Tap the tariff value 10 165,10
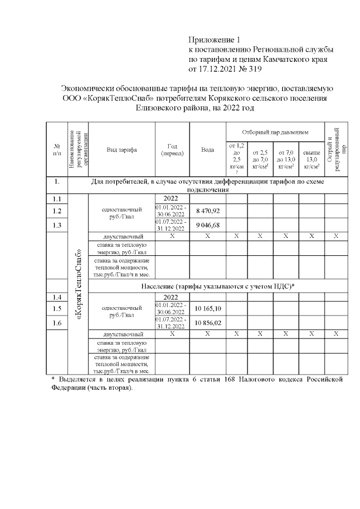click(208, 309)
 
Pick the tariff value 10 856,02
click(208, 323)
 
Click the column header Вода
click(208, 150)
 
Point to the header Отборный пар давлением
click(275, 132)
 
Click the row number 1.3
click(56, 225)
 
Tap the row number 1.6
click(56, 323)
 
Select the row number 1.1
click(56, 199)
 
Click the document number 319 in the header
click(254, 69)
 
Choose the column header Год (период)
click(172, 150)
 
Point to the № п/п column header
click(56, 150)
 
